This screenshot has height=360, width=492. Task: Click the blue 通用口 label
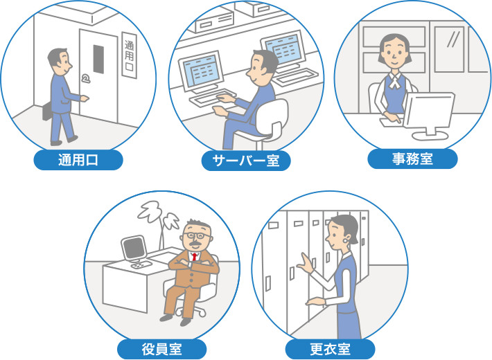78,160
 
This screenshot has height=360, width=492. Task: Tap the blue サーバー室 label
246,161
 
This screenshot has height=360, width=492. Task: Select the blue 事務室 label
412,159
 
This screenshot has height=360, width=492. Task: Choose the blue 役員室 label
162,349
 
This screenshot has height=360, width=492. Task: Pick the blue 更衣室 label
330,349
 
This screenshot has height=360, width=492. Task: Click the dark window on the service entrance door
98,59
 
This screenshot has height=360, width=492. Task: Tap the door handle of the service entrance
85,78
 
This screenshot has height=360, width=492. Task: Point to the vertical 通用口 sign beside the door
130,55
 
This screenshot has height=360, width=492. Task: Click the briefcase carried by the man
47,111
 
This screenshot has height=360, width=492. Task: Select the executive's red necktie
195,257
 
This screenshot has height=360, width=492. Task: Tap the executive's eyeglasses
197,235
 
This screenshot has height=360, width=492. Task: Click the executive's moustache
196,243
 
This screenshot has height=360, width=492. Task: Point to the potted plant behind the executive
159,224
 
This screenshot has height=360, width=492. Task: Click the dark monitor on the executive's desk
134,248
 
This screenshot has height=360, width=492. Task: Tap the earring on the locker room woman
346,241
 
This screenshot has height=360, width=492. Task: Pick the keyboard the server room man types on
213,98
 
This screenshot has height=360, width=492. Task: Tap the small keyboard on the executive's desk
141,264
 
